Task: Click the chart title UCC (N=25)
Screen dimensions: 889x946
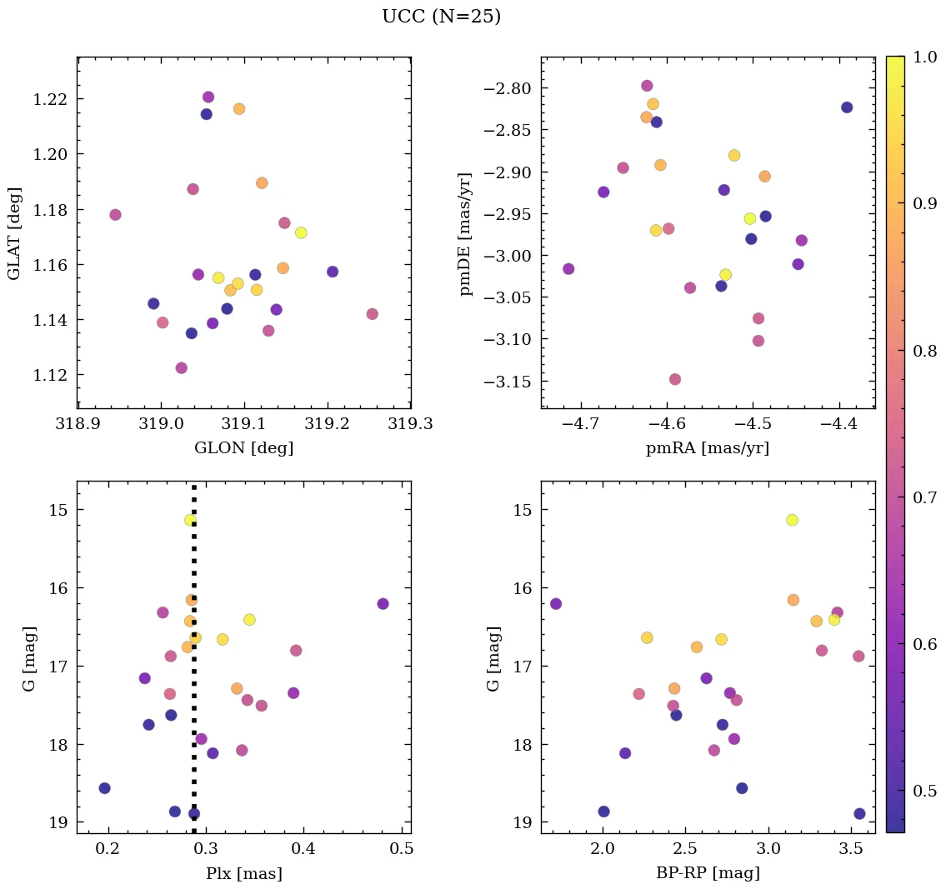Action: pos(441,17)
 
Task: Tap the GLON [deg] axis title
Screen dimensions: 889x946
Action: pos(243,448)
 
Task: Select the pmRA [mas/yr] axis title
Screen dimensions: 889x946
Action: pos(707,448)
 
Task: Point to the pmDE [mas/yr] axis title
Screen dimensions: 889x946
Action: pos(466,233)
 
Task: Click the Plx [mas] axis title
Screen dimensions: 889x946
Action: pos(243,874)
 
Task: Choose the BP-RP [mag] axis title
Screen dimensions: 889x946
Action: pos(707,874)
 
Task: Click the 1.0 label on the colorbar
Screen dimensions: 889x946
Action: pos(925,57)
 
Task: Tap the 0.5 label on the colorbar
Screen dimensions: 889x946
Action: pos(925,791)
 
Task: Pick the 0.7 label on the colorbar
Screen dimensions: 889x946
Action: pos(925,497)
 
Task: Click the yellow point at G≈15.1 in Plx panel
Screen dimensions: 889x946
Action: pos(191,520)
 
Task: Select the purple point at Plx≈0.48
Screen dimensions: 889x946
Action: pos(383,603)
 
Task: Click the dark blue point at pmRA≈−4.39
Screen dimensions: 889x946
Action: pos(847,107)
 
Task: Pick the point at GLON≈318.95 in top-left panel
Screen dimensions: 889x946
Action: pos(115,215)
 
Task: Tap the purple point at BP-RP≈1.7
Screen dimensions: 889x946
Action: pos(556,603)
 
